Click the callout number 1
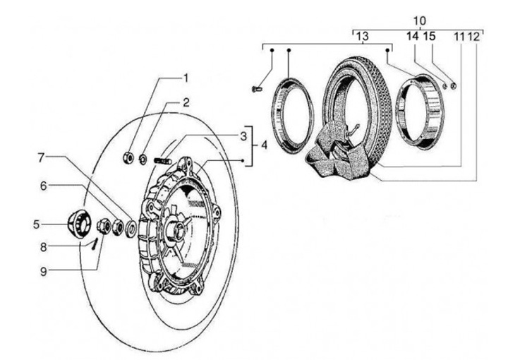point(186,78)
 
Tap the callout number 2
point(186,102)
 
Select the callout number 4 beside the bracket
point(264,145)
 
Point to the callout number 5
point(36,224)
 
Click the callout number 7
point(41,158)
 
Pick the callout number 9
point(44,272)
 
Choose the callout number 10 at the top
point(420,20)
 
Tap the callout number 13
point(363,36)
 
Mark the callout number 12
point(473,37)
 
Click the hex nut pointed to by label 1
point(128,157)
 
